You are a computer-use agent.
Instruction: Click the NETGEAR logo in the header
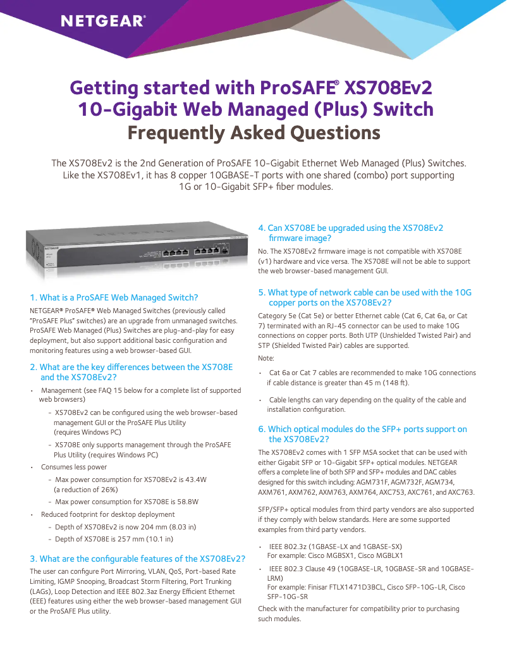[103, 22]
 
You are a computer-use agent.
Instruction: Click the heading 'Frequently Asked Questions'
[253, 133]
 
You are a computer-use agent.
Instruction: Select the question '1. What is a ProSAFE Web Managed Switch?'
[114, 297]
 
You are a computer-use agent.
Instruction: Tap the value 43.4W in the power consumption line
[194, 479]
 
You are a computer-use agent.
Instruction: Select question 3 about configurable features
[138, 559]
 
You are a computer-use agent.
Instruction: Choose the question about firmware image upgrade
[351, 233]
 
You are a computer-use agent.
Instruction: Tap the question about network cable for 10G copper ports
[365, 297]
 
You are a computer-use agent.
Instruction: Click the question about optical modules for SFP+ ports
[362, 434]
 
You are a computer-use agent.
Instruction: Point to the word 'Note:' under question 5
[267, 358]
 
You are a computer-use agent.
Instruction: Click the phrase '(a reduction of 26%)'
[86, 490]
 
